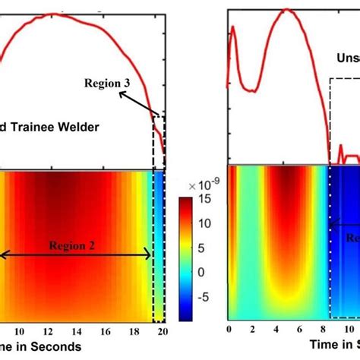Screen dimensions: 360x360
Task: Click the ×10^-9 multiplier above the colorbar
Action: pos(200,185)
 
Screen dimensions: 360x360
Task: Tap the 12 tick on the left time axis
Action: pos(49,331)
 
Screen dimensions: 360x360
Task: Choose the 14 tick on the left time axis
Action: pos(77,331)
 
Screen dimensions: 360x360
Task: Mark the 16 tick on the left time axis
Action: pos(106,331)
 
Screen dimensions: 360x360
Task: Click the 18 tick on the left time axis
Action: pos(135,331)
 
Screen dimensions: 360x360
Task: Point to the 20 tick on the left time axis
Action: pos(163,331)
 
